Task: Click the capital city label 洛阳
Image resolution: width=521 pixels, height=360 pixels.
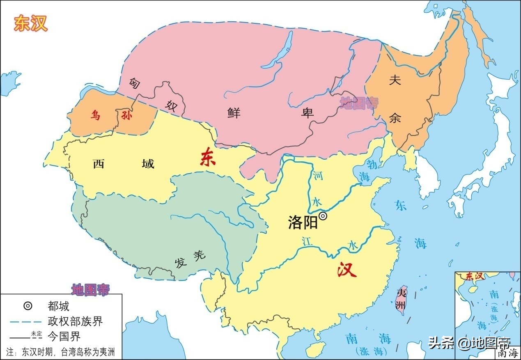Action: pos(303,223)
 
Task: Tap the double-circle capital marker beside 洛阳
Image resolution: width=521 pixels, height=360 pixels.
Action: pos(324,216)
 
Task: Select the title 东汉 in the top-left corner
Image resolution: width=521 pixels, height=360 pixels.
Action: pos(31,24)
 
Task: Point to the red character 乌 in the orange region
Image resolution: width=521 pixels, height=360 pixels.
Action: pos(95,116)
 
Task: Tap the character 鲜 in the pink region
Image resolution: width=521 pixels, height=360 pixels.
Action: pos(234,112)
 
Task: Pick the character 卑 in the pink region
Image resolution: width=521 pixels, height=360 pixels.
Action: pos(308,112)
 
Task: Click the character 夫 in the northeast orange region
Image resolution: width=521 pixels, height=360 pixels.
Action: pos(395,80)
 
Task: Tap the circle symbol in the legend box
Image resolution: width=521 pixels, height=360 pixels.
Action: pos(28,306)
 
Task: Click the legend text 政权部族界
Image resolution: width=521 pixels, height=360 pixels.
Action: pos(75,321)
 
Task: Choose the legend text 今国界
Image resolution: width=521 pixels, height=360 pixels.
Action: pos(64,337)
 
